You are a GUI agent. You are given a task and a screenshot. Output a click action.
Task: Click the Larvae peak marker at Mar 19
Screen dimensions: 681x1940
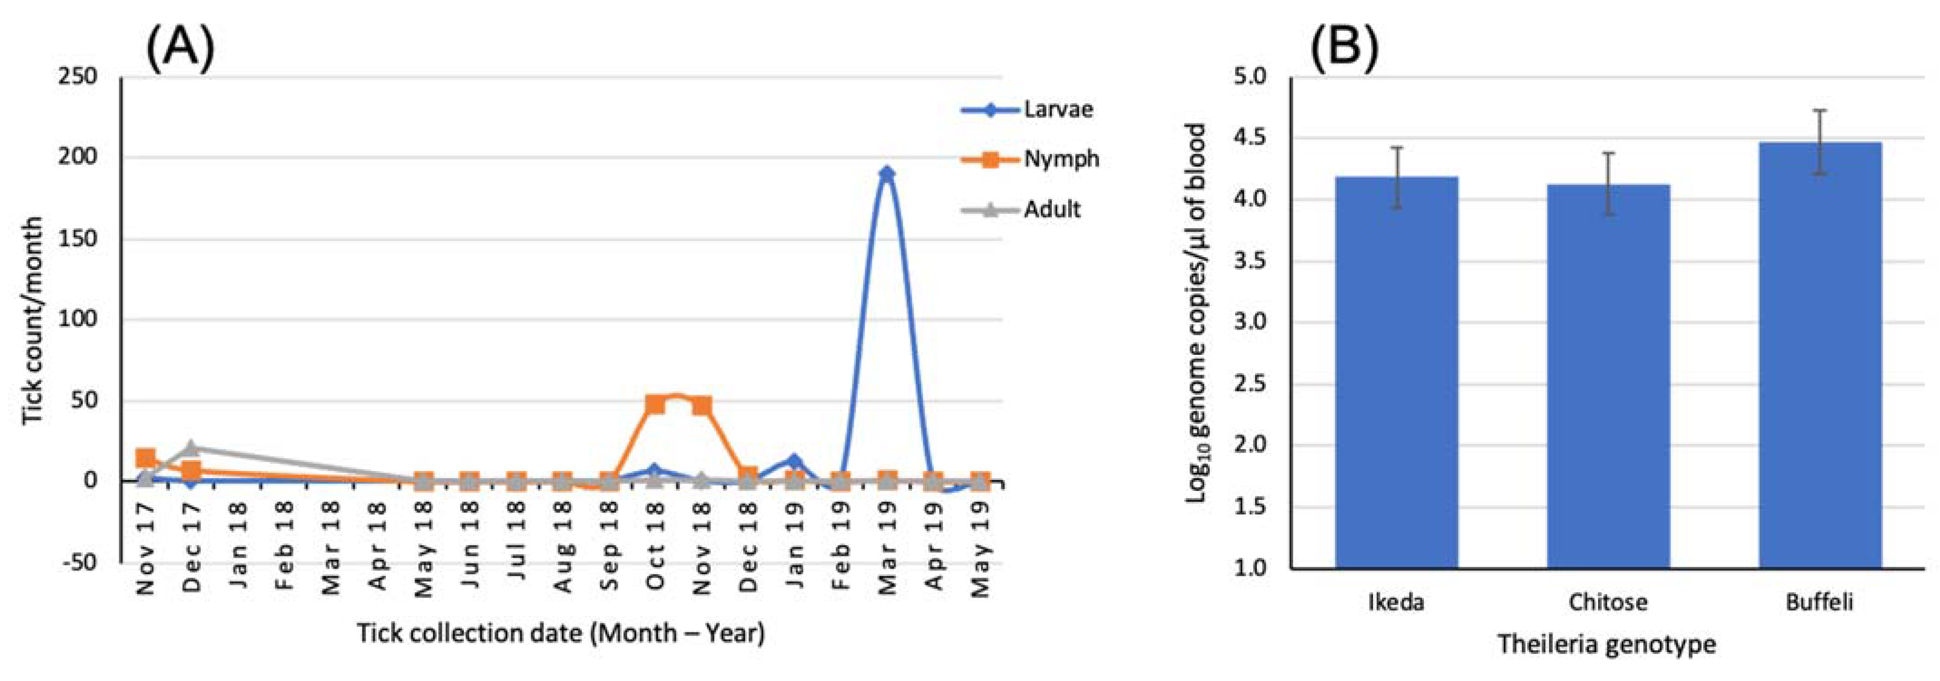click(x=887, y=174)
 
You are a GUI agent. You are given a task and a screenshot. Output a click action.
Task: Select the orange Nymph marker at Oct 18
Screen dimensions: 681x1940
click(x=655, y=404)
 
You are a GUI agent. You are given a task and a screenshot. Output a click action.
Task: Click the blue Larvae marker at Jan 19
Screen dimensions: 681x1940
click(x=794, y=461)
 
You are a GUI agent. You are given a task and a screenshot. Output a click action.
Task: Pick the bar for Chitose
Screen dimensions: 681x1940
click(x=1608, y=376)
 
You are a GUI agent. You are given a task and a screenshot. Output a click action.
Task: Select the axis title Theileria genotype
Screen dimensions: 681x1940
click(x=1606, y=644)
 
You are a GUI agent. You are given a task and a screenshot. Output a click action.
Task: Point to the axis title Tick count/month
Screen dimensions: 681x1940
click(x=32, y=320)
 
